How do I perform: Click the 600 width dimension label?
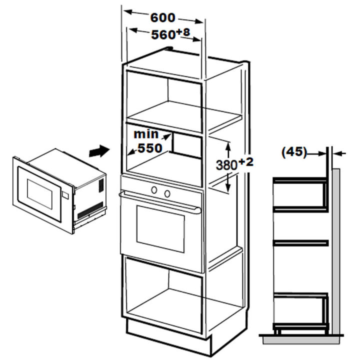click(163, 17)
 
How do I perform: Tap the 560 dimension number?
click(163, 34)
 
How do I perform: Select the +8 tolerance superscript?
click(183, 32)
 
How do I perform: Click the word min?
click(146, 134)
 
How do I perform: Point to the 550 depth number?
click(150, 148)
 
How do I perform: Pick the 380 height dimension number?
click(226, 165)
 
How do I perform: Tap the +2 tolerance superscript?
click(246, 162)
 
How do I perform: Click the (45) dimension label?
click(294, 152)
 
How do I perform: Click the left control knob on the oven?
click(154, 190)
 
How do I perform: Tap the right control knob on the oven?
click(167, 194)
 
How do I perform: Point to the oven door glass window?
click(160, 229)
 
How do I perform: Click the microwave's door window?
click(39, 194)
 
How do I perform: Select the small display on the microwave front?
click(65, 195)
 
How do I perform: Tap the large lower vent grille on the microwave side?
click(90, 210)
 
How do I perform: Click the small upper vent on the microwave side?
click(101, 185)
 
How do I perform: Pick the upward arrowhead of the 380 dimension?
click(228, 146)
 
